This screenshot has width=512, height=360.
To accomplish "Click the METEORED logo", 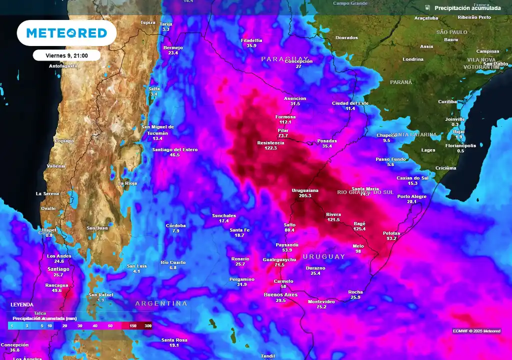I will coord(66,33).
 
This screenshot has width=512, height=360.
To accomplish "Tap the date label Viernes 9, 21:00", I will coord(67,55).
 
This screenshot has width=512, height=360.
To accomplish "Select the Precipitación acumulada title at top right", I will coord(467,8).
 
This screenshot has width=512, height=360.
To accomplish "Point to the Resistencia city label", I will coord(270,142).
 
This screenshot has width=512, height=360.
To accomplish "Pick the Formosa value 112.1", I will coord(285,122).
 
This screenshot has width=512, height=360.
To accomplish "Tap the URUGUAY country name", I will coord(323,256).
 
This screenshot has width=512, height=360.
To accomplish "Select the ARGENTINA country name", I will coord(161,303).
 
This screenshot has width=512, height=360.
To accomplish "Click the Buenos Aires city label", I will coord(280,294).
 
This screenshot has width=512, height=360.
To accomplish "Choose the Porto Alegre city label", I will coord(412,196).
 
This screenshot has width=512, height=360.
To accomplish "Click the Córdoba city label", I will coord(176,225).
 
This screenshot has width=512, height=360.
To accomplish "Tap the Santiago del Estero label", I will coord(174,149).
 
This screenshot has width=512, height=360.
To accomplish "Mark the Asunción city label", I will coord(295,98).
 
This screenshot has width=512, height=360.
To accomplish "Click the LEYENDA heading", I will coord(22,304).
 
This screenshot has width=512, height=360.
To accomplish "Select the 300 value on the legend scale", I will coord(148,325).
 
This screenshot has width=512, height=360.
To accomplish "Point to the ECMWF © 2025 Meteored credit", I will coord(476,331).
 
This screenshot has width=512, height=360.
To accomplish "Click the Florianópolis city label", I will coord(460,145).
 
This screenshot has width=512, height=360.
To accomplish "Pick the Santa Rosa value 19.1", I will coord(174,345).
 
